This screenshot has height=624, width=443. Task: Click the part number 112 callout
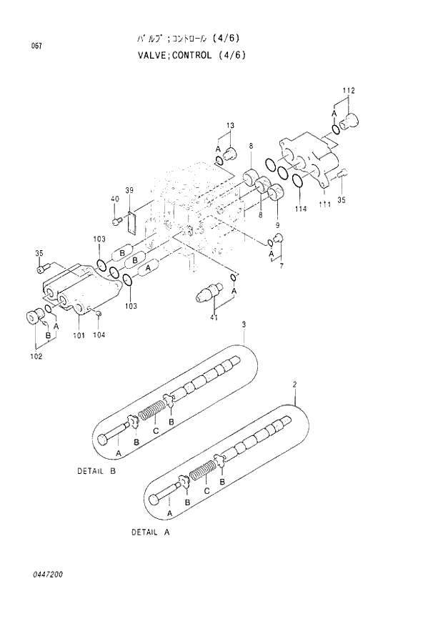pyautogui.click(x=348, y=90)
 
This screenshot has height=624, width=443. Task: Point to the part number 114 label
pyautogui.click(x=300, y=208)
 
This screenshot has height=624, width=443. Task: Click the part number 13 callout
pyautogui.click(x=230, y=127)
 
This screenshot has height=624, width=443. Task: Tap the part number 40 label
pyautogui.click(x=114, y=199)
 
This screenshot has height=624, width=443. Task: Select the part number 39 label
pyautogui.click(x=129, y=189)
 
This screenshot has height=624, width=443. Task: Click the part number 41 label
pyautogui.click(x=214, y=317)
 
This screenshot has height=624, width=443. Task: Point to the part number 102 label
pyautogui.click(x=36, y=355)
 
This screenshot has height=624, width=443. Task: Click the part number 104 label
pyautogui.click(x=99, y=335)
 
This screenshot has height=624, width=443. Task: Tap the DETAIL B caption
pyautogui.click(x=96, y=471)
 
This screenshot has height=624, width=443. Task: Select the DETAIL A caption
pyautogui.click(x=151, y=533)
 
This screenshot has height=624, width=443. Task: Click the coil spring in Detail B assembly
pyautogui.click(x=151, y=413)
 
